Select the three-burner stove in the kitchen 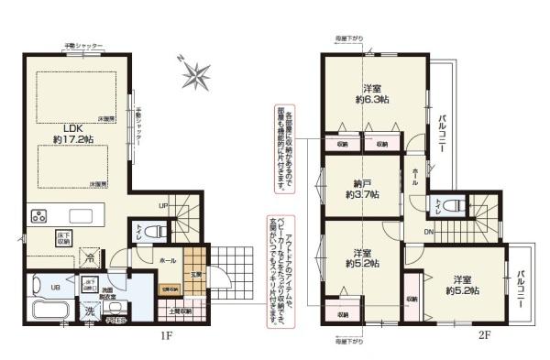(x=40, y=217)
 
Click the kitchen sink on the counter (x=81, y=217)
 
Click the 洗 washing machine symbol (x=90, y=311)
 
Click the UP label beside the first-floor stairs (x=162, y=205)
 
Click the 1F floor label (x=167, y=335)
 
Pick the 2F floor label (x=483, y=335)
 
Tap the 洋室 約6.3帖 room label (x=372, y=92)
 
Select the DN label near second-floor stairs (x=428, y=232)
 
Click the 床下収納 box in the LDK (x=65, y=236)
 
